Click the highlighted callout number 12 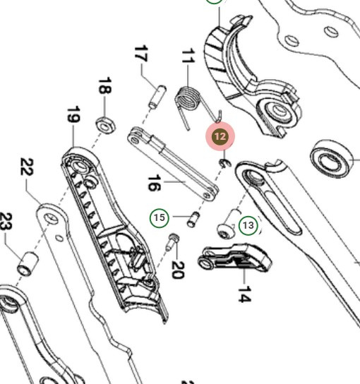tap(220, 136)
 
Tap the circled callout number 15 tap(160, 217)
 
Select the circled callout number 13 tap(248, 225)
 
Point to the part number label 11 tap(187, 56)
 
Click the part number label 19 tap(73, 115)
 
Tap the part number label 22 tap(27, 168)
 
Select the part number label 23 tap(6, 222)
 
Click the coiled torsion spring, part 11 tap(187, 101)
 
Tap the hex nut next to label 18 tap(106, 125)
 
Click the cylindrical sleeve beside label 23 tap(28, 263)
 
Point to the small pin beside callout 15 tap(191, 220)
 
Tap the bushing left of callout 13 tap(227, 225)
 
